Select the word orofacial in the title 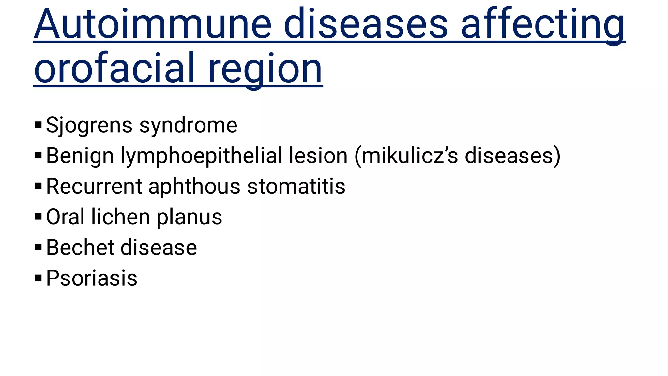click(114, 69)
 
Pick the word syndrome click(188, 125)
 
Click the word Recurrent click(94, 187)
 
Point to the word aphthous click(194, 187)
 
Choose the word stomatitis click(296, 187)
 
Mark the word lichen click(120, 217)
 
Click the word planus click(189, 217)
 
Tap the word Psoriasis click(92, 278)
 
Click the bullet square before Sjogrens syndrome click(38, 125)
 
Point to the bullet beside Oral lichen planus click(38, 217)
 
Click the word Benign click(80, 156)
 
